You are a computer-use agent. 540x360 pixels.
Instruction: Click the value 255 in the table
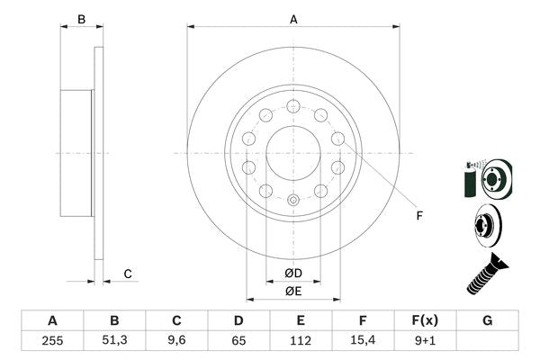tap(52, 340)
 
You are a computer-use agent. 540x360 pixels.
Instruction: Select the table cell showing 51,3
tap(114, 340)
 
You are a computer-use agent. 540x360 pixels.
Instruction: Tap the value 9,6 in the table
tap(177, 340)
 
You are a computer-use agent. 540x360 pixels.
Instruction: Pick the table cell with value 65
tap(238, 340)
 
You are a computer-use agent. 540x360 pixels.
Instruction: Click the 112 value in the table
tap(301, 340)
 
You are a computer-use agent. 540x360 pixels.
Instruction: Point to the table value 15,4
tap(363, 340)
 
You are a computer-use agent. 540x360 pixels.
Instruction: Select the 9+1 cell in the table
tap(425, 340)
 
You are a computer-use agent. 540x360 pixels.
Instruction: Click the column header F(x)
tap(425, 320)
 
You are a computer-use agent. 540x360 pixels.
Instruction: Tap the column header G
tap(487, 320)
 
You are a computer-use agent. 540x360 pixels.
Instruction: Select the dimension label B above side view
tap(80, 19)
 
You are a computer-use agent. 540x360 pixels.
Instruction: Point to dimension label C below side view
tap(128, 274)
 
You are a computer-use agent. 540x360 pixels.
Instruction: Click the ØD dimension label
tap(292, 273)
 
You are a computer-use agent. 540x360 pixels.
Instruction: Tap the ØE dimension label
tap(292, 291)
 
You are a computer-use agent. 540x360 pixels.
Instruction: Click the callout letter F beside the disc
tap(418, 214)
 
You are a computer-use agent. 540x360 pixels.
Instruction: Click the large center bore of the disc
tap(292, 153)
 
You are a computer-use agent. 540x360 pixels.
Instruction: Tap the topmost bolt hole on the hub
tap(292, 106)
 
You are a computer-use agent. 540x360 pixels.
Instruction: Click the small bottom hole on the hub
tap(292, 199)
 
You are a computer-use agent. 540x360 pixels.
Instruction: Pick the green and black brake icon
tap(484, 179)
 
